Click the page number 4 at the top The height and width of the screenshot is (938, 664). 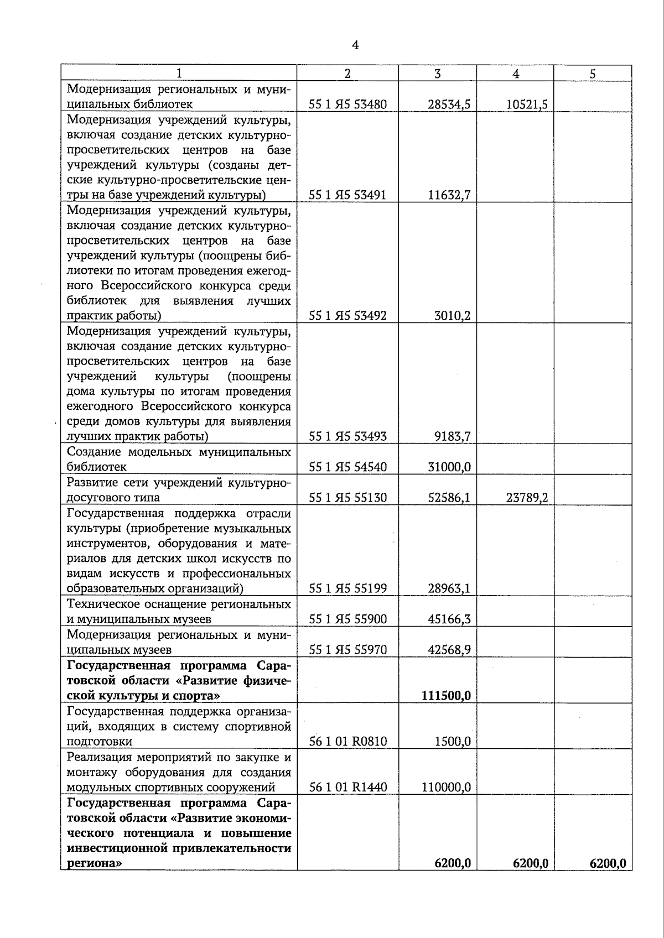pyautogui.click(x=355, y=46)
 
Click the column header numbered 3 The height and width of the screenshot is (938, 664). pyautogui.click(x=438, y=74)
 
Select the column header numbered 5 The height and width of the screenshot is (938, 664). pyautogui.click(x=593, y=74)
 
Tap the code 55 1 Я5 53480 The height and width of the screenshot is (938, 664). pyautogui.click(x=347, y=104)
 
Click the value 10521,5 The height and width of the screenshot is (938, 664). pyautogui.click(x=527, y=104)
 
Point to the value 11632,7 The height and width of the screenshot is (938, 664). pyautogui.click(x=449, y=195)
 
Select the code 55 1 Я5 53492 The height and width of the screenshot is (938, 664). pyautogui.click(x=347, y=316)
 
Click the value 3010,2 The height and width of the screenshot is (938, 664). pyautogui.click(x=452, y=316)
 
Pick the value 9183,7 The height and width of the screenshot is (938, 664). pyautogui.click(x=452, y=436)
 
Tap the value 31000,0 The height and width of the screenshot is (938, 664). pyautogui.click(x=449, y=467)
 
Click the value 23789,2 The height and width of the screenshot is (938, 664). pyautogui.click(x=527, y=497)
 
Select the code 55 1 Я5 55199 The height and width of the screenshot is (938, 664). pyautogui.click(x=347, y=588)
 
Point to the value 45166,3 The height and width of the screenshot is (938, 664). pyautogui.click(x=449, y=619)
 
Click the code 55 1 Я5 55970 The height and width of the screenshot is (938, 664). pyautogui.click(x=347, y=649)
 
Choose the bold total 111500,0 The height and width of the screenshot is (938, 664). pyautogui.click(x=446, y=695)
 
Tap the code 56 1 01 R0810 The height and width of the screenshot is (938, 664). pyautogui.click(x=347, y=741)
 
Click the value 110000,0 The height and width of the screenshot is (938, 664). pyautogui.click(x=446, y=787)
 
